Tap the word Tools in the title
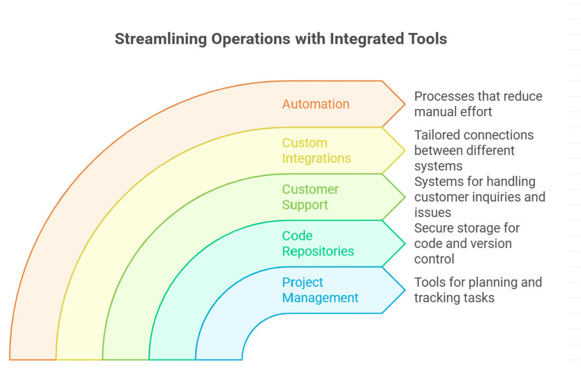[x=428, y=39]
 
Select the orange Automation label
[x=315, y=104]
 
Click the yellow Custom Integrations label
[x=317, y=150]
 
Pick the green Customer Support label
[x=310, y=197]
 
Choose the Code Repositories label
[x=318, y=243]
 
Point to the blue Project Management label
[x=320, y=290]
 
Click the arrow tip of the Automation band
[x=405, y=104]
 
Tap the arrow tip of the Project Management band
[x=405, y=290]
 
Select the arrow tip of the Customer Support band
[x=405, y=197]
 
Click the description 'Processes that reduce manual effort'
[x=478, y=104]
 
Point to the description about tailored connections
[x=474, y=150]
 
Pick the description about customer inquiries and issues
[x=480, y=197]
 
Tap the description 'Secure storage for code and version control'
[x=467, y=243]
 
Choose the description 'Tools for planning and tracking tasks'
[x=478, y=290]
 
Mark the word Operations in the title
[x=251, y=39]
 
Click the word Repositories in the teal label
[x=318, y=251]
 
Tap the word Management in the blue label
[x=320, y=298]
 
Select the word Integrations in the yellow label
[x=317, y=159]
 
